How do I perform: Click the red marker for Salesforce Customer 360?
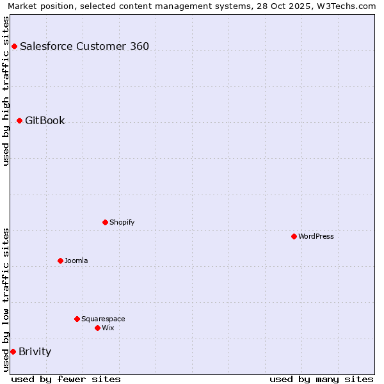tap(14, 46)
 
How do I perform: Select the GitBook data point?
tap(19, 120)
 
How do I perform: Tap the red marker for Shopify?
tap(105, 222)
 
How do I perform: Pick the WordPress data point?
tap(294, 236)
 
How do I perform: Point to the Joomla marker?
tap(60, 260)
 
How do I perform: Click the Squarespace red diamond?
tap(77, 319)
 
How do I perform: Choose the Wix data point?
tap(97, 328)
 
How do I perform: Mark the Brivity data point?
tap(13, 351)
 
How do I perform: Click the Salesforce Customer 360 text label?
tap(84, 46)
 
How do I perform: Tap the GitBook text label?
tap(45, 120)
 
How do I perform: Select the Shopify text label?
tap(122, 222)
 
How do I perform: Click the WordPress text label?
tap(316, 236)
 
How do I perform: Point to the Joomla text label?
tap(76, 260)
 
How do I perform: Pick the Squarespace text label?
tap(103, 319)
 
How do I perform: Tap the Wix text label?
tap(108, 328)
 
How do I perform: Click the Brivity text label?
tap(35, 351)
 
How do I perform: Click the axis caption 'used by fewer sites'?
tap(66, 379)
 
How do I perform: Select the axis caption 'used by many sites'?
tap(321, 379)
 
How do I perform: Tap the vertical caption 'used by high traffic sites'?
tap(6, 91)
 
